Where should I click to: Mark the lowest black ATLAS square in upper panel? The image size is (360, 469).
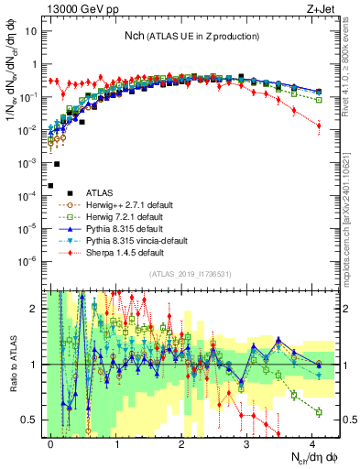pos(50,185)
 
